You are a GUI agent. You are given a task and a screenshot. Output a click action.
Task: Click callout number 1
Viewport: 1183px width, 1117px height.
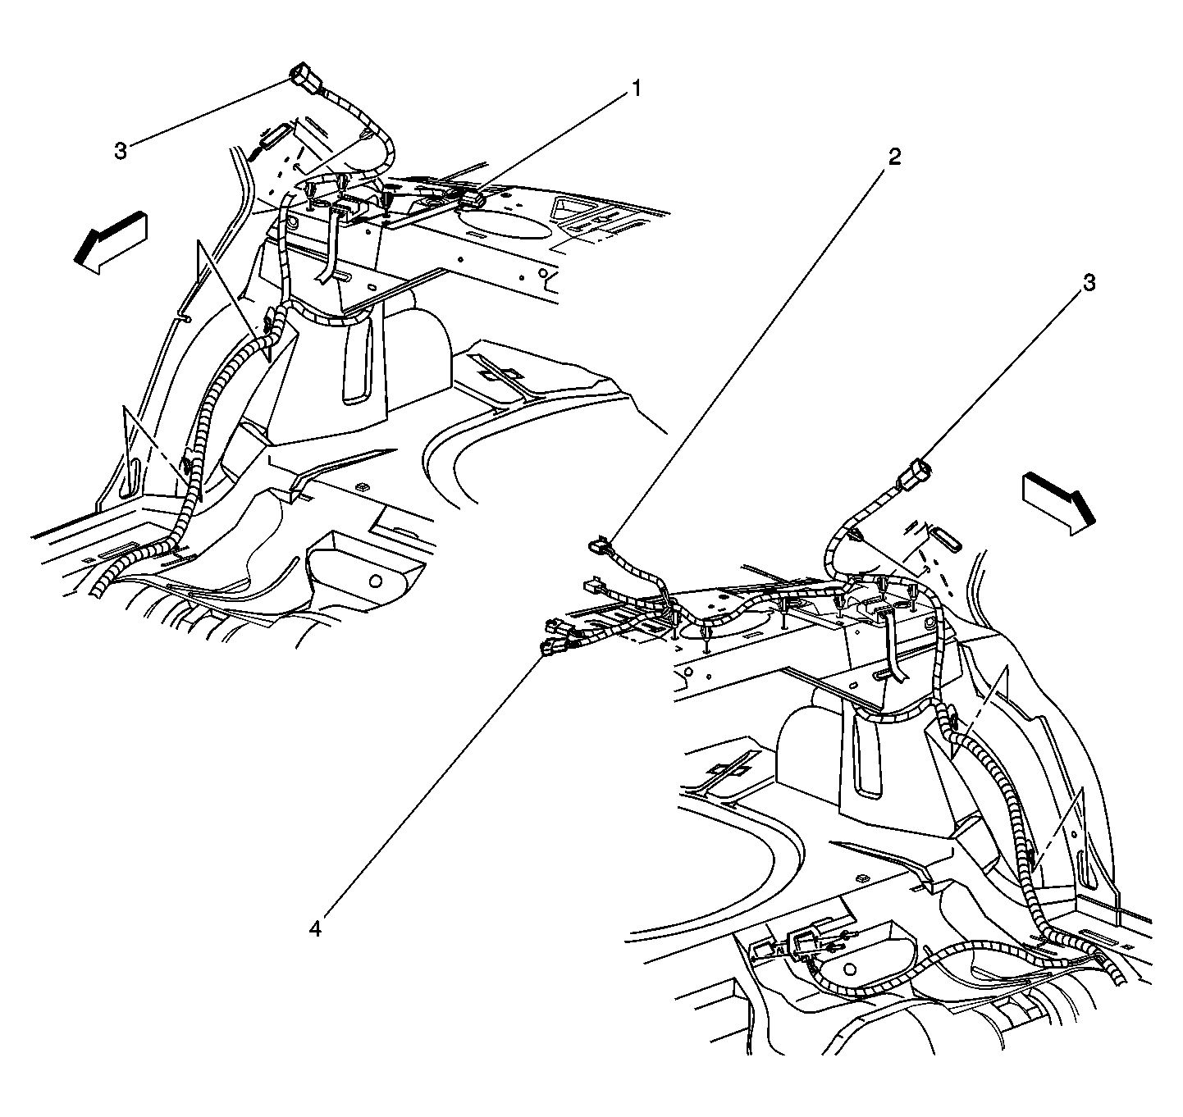(637, 89)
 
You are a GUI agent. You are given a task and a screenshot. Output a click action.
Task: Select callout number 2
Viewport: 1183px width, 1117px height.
(894, 157)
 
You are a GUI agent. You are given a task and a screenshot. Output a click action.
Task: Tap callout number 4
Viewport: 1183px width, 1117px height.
(315, 928)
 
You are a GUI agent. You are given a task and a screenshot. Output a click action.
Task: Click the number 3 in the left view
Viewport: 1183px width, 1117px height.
(121, 152)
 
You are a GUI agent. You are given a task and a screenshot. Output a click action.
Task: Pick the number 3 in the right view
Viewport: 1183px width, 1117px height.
(1089, 283)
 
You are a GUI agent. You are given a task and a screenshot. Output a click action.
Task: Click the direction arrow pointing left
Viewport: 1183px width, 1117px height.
(111, 243)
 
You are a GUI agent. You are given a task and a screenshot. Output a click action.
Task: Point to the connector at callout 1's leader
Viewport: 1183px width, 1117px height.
(473, 199)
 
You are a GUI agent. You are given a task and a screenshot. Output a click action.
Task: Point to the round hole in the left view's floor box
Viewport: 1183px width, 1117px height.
(375, 581)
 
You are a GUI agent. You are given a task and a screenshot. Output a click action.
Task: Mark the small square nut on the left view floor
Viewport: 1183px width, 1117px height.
(359, 486)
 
